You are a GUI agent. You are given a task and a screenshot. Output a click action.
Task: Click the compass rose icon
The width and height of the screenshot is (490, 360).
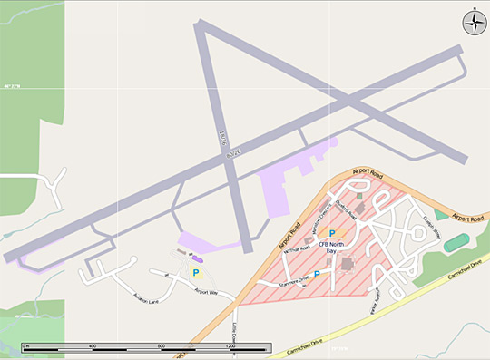(474, 23)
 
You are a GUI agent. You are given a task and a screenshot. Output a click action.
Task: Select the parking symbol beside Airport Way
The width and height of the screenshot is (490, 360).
(195, 272)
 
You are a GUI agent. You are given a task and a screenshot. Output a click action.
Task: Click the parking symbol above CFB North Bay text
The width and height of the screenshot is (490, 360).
(319, 233)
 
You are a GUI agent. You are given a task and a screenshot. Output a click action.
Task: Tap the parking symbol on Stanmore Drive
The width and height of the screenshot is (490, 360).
(316, 274)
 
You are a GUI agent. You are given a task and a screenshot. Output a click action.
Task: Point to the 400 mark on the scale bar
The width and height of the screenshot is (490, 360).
(93, 347)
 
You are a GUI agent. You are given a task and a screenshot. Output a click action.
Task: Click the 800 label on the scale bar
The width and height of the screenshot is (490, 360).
(162, 347)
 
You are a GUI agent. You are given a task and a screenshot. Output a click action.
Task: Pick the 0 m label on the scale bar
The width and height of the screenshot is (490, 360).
(26, 347)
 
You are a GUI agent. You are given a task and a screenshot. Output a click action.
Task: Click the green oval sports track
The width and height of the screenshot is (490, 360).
(458, 243)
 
